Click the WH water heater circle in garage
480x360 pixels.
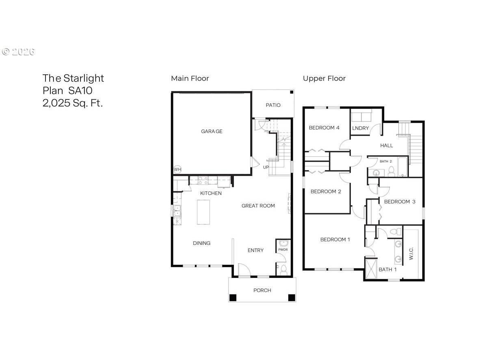(x=177, y=169)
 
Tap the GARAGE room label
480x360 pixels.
(x=212, y=131)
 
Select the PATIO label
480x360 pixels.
(x=273, y=105)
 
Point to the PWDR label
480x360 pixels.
(x=283, y=250)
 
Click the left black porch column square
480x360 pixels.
(x=233, y=297)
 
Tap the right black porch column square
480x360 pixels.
(x=291, y=297)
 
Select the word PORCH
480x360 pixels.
(x=262, y=290)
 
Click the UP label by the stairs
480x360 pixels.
(x=266, y=167)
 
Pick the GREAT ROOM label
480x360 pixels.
(x=258, y=206)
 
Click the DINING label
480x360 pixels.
(x=201, y=243)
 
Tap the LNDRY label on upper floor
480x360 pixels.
(x=361, y=128)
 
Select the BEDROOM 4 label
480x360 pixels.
(x=324, y=128)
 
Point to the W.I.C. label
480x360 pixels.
(x=411, y=254)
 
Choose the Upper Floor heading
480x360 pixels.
(x=324, y=78)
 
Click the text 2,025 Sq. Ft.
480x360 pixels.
(x=73, y=103)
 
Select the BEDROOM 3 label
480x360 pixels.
(x=400, y=202)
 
